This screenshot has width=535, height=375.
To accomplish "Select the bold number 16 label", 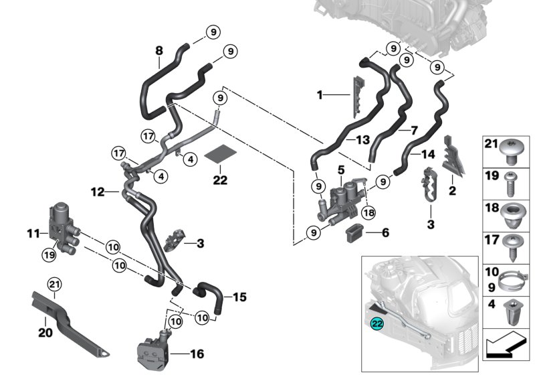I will pyautogui.click(x=197, y=354).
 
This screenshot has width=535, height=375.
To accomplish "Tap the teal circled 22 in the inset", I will pyautogui.click(x=377, y=323).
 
